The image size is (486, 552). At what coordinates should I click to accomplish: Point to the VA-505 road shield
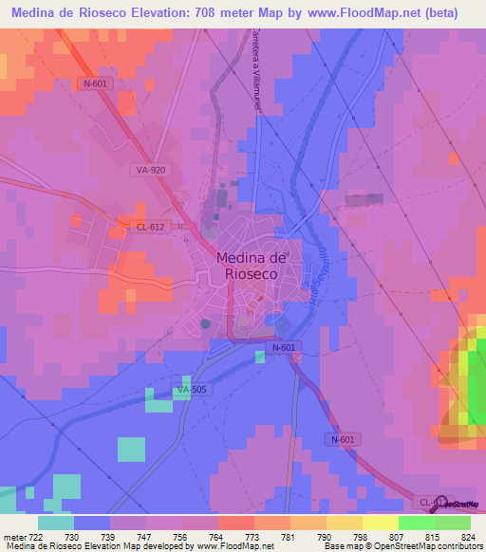[191, 390]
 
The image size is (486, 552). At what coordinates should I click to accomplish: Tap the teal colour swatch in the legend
[56, 523]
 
